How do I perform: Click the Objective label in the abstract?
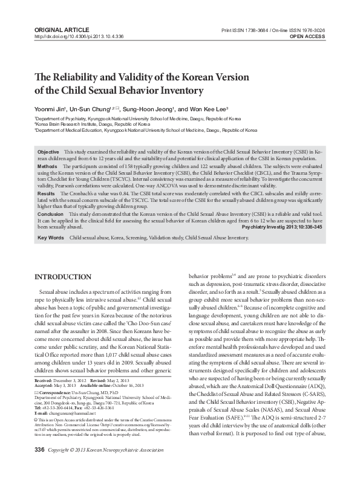[x=48, y=151]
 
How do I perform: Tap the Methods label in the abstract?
[x=47, y=166]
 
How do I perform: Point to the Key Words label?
[x=50, y=238]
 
